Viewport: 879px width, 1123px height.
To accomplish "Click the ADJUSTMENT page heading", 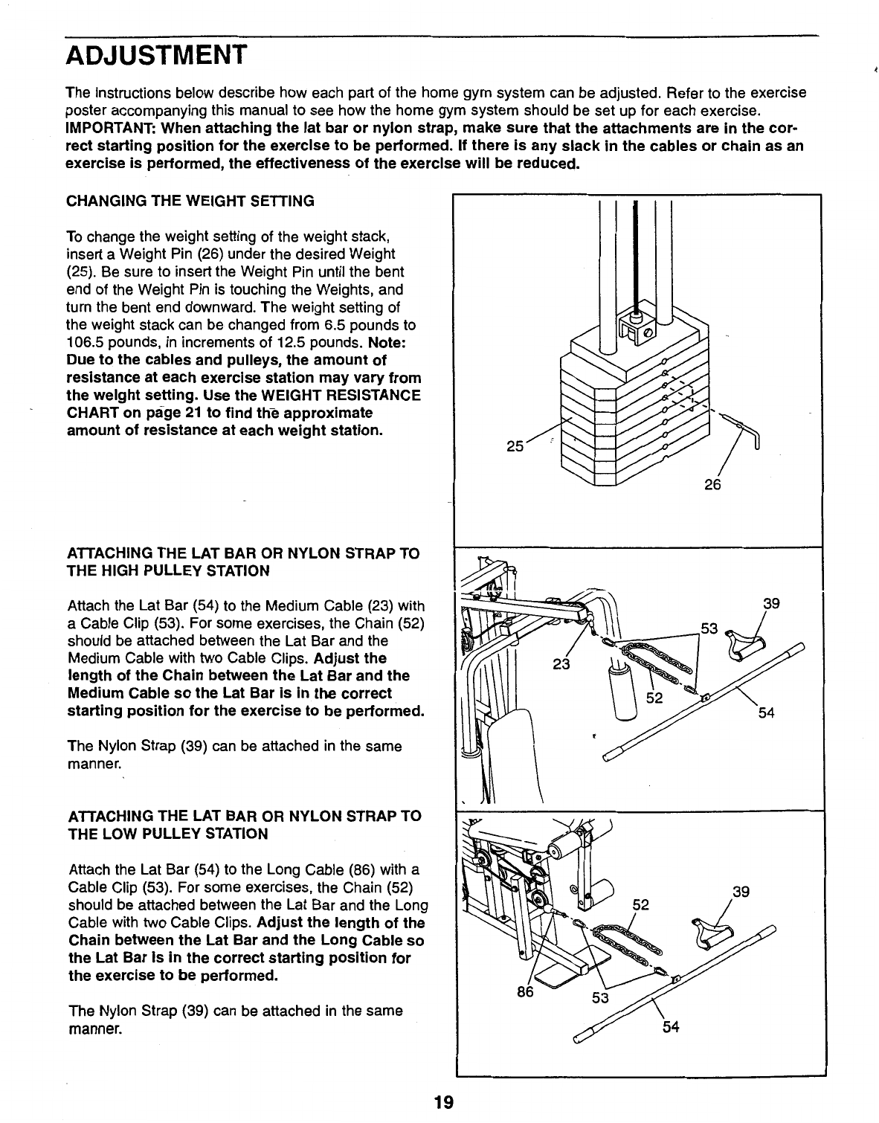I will pyautogui.click(x=155, y=56).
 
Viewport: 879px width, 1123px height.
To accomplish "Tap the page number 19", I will pyautogui.click(x=444, y=1101).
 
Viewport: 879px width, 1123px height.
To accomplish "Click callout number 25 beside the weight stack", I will pyautogui.click(x=515, y=446).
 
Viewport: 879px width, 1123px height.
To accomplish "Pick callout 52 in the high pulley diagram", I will pyautogui.click(x=654, y=699).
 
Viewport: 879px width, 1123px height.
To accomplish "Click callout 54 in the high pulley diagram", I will pyautogui.click(x=767, y=713).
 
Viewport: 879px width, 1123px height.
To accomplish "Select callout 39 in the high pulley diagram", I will pyautogui.click(x=771, y=604).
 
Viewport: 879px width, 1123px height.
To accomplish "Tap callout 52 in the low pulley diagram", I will pyautogui.click(x=640, y=905).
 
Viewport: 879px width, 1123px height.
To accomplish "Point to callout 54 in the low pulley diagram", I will pyautogui.click(x=671, y=1028).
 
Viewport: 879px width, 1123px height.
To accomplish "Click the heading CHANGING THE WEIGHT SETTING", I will pyautogui.click(x=190, y=201).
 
